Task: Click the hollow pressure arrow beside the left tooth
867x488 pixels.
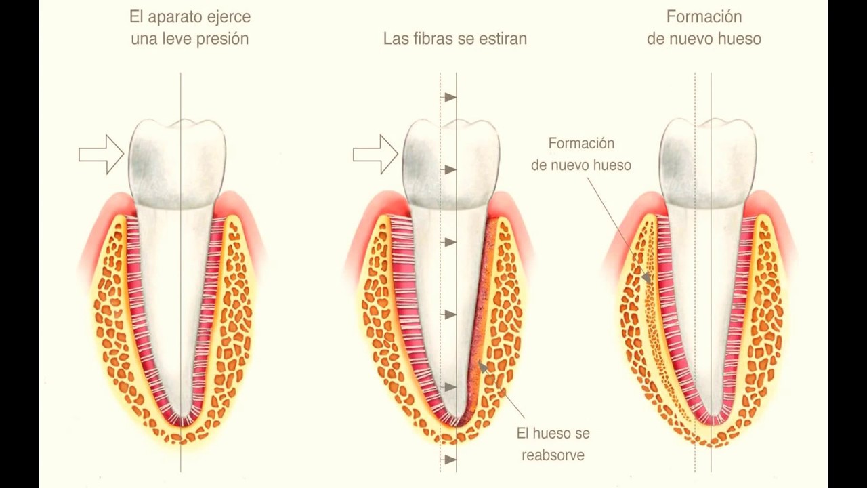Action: point(102,155)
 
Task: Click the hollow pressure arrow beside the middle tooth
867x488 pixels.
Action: point(375,155)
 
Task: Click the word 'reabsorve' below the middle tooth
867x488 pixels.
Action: point(553,455)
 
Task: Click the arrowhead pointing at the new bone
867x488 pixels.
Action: point(645,277)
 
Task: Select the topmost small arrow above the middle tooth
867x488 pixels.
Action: point(450,97)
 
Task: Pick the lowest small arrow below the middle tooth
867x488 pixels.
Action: point(450,460)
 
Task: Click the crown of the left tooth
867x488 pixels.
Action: point(177,164)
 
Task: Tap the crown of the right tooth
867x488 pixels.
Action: point(708,164)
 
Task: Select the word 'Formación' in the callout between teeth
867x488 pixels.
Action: point(581,144)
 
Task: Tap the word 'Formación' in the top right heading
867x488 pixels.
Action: point(704,17)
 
